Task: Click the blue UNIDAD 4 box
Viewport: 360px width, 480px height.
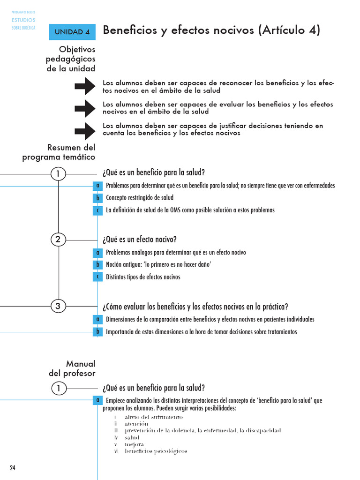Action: [x=72, y=32]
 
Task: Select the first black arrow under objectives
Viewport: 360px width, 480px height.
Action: [x=85, y=87]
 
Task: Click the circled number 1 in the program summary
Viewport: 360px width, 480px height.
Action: [x=58, y=174]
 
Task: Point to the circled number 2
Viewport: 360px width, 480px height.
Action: [x=58, y=240]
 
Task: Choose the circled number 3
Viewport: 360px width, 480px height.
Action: [x=58, y=307]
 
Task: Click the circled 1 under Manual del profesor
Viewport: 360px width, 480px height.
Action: [x=58, y=388]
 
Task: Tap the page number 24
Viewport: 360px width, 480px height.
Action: [x=13, y=467]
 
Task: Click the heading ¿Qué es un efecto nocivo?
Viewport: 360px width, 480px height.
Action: [x=140, y=240]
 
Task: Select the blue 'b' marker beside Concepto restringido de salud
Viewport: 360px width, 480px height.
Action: [x=97, y=198]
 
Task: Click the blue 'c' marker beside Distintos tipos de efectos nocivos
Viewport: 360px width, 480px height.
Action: [x=97, y=277]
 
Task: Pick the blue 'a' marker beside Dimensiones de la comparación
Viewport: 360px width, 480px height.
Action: [x=97, y=319]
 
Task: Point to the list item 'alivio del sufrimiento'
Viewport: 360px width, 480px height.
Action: [x=154, y=417]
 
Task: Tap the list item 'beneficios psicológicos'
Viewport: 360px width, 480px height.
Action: [x=156, y=451]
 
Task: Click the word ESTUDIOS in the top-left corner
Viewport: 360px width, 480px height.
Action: [x=23, y=20]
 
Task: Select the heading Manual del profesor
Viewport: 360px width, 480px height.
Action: [x=73, y=368]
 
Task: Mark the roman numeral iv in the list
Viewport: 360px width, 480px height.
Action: [x=115, y=437]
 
